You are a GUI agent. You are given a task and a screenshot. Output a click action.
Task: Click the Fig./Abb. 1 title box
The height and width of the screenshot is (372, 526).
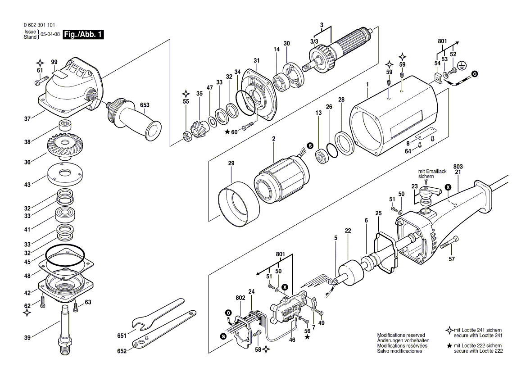pos(83,34)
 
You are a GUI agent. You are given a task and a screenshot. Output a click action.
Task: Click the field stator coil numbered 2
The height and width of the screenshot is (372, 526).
pos(281,178)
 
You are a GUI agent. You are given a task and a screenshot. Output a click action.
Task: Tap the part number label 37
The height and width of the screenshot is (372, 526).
pos(27,119)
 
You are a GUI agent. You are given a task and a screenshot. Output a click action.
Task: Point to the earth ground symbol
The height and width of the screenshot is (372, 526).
pos(462,66)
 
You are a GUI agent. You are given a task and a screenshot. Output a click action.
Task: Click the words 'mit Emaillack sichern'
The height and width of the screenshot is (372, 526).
pos(432,174)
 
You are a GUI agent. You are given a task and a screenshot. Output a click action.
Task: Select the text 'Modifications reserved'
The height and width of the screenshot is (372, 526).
pos(401,335)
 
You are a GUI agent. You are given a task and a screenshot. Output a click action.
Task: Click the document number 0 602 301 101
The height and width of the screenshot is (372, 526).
pos(40,25)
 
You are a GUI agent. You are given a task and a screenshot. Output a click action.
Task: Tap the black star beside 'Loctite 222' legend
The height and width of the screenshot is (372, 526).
pos(449,345)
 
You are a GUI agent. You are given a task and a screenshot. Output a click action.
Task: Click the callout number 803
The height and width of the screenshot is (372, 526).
pos(458,166)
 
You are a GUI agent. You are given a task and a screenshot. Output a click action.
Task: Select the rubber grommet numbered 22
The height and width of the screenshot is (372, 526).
pos(350,275)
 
